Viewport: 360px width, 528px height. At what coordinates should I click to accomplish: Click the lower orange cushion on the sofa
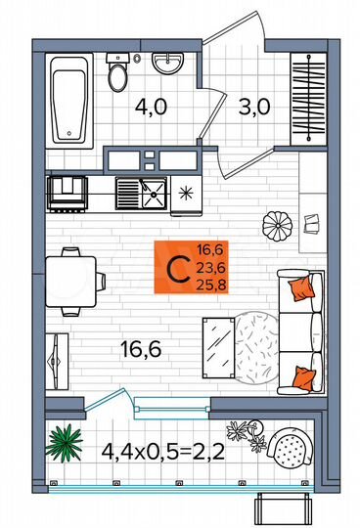point(304,375)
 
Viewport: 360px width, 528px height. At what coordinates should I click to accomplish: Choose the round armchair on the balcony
point(290,451)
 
